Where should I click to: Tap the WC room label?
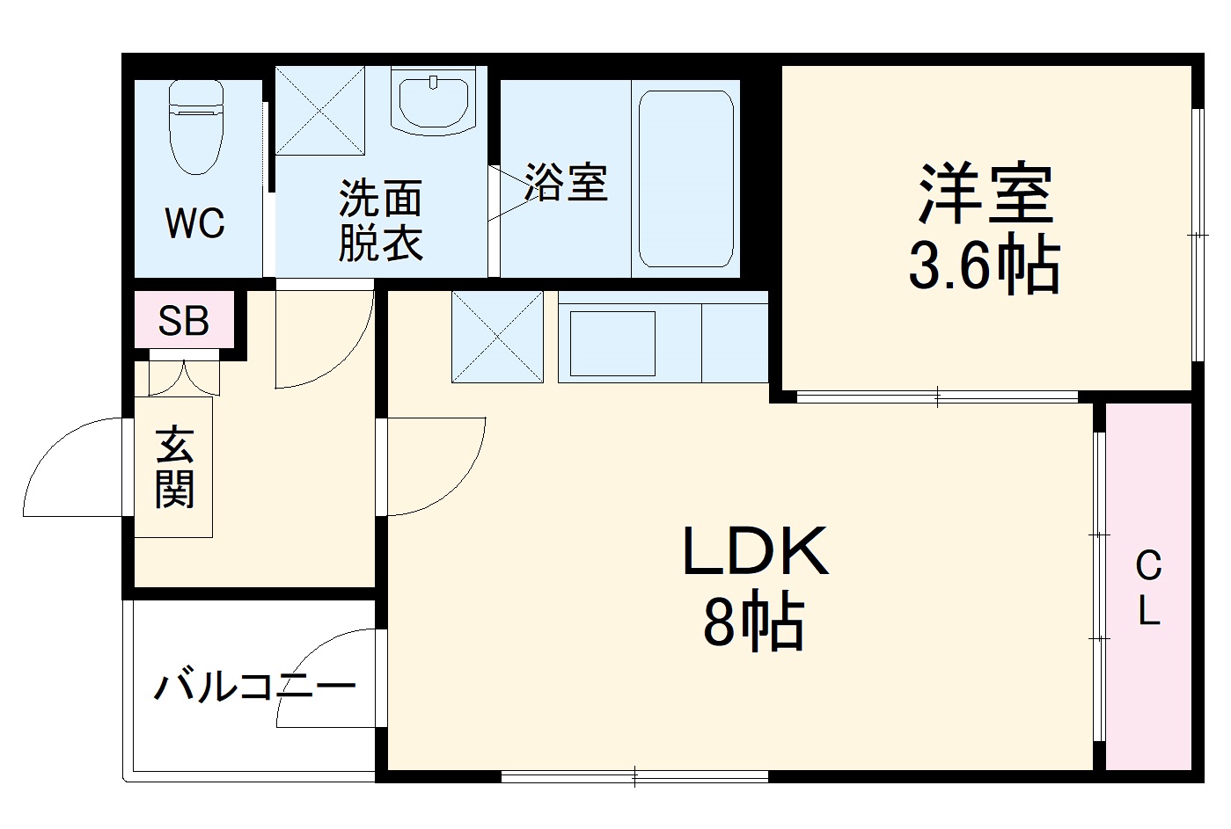point(195,224)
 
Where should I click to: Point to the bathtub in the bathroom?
point(686,178)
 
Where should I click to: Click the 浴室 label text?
point(566,183)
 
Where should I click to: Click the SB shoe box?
point(184,321)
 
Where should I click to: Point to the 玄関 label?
point(174,468)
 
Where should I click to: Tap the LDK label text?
point(755,552)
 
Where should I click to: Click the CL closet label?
point(1148,587)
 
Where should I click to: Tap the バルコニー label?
point(255,686)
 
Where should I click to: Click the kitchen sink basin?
point(612,343)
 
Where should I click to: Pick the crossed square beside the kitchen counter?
point(497,337)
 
